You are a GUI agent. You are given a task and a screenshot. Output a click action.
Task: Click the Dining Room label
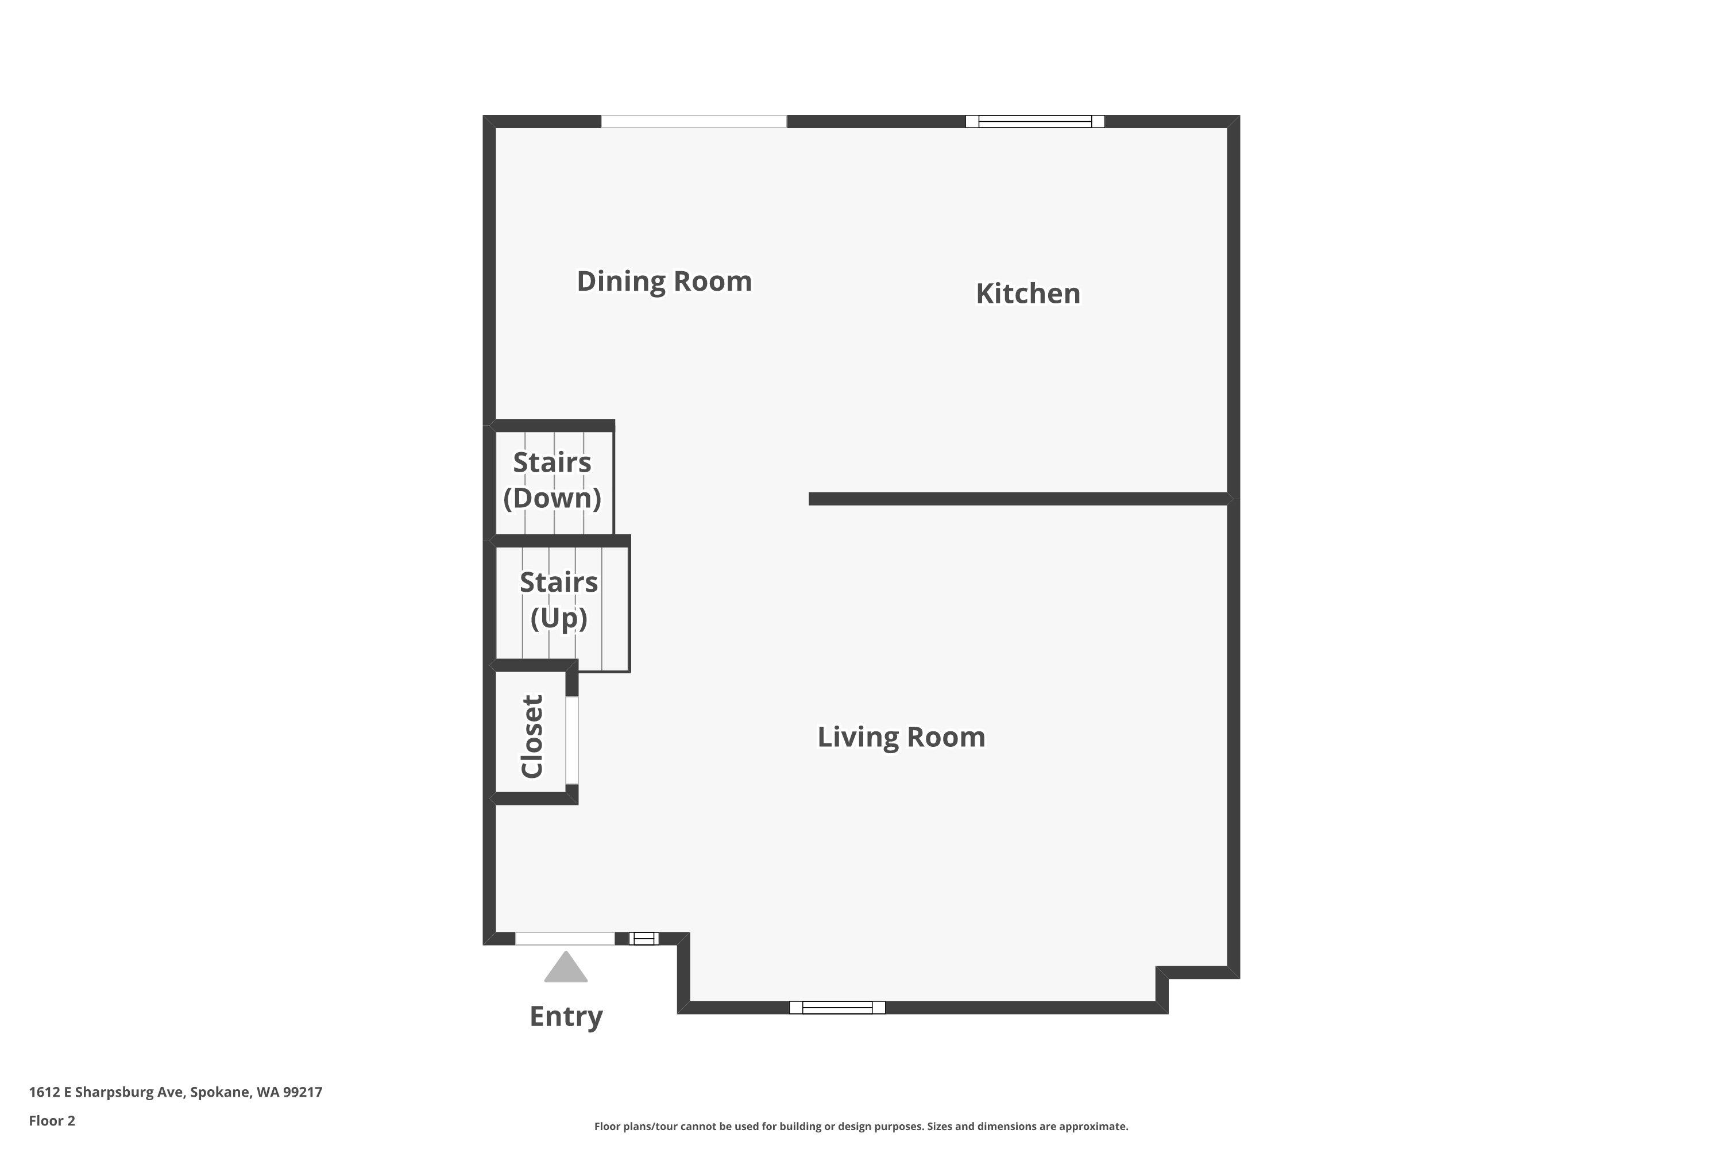tap(664, 282)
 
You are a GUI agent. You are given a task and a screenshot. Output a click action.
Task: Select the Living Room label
tap(901, 737)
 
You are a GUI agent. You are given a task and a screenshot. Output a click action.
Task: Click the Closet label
tap(532, 737)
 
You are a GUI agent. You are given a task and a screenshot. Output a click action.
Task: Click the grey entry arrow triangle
tap(566, 969)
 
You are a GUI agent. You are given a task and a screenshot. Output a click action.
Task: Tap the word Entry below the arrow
tap(566, 1016)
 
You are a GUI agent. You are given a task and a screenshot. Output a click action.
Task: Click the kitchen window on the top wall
tap(1034, 122)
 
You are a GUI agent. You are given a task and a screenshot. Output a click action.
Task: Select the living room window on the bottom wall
tap(837, 1008)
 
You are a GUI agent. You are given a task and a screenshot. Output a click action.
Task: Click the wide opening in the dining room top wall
tap(694, 122)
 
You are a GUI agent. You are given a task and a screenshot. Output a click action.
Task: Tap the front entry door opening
tap(564, 939)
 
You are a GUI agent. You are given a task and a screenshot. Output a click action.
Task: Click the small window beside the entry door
tap(643, 939)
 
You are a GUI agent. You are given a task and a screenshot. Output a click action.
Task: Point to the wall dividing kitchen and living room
tap(1018, 499)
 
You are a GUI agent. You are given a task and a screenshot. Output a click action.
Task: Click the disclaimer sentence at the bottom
tap(861, 1126)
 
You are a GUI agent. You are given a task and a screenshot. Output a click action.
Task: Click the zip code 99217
tap(303, 1093)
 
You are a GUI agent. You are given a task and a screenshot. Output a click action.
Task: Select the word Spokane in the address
tap(220, 1093)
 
